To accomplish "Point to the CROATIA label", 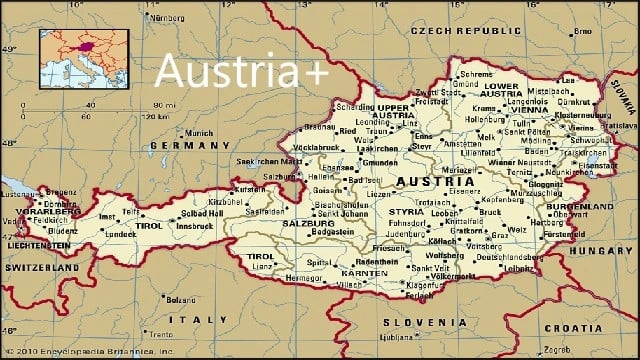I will point(574,326).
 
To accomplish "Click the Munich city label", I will point(200,132).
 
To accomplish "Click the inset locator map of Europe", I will point(84,58).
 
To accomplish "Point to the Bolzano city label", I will point(182,299).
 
